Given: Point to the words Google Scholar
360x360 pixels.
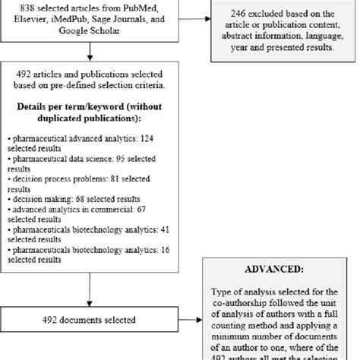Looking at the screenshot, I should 90,32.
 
